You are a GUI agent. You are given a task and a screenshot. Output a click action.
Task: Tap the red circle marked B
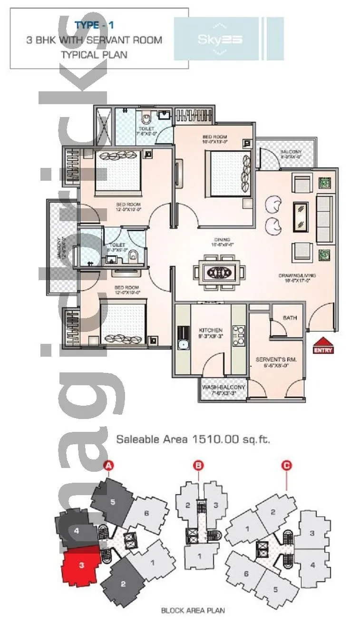coord(198,466)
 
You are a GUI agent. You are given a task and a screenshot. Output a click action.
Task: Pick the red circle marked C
coord(286,466)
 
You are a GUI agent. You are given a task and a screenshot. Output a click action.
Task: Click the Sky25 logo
coord(220,39)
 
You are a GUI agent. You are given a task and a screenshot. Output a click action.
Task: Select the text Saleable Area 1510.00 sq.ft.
coord(193,439)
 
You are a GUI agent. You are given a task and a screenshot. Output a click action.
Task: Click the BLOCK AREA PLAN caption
coord(193,610)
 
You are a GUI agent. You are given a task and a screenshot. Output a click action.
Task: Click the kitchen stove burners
coord(238,335)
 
